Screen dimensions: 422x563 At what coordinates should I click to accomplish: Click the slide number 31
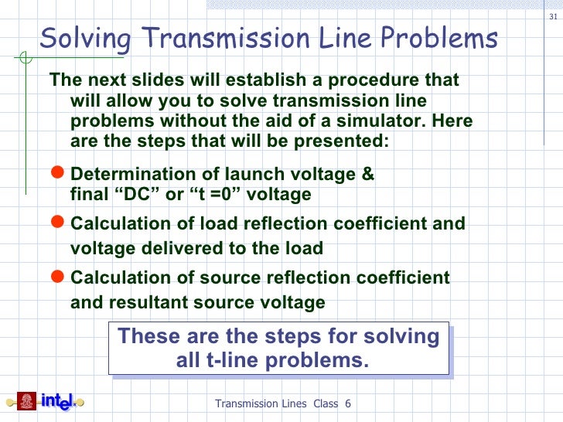(x=551, y=19)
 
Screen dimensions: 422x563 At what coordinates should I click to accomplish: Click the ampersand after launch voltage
(x=368, y=175)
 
